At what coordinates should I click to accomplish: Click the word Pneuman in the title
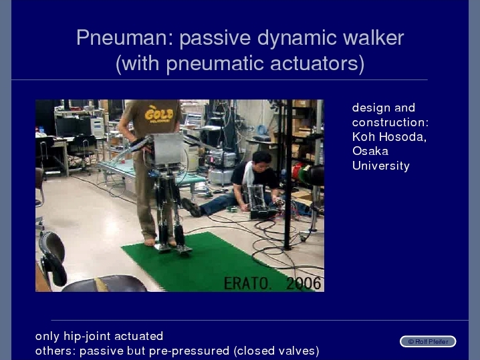(125, 37)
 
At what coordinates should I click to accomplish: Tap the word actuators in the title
(317, 63)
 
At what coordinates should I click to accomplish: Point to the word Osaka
(370, 151)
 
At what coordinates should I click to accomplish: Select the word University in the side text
(381, 166)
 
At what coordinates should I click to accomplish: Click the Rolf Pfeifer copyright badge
(428, 342)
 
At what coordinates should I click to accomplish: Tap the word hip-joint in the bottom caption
(86, 337)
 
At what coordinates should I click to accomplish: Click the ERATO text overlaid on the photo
(247, 283)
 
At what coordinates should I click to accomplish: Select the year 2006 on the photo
(304, 283)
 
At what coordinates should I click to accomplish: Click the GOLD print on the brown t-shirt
(159, 114)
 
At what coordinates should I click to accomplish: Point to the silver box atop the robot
(167, 148)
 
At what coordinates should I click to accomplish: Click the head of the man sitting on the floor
(261, 161)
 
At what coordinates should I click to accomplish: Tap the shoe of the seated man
(191, 207)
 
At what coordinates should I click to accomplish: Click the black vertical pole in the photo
(287, 174)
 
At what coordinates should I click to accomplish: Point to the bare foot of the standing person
(150, 242)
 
